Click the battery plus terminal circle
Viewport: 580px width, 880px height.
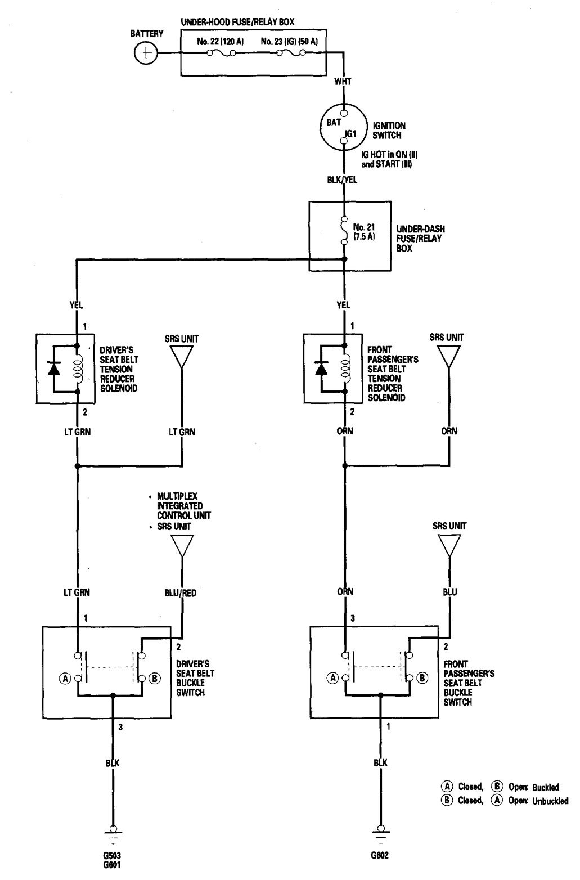146,53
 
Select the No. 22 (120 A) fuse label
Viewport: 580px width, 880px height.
221,41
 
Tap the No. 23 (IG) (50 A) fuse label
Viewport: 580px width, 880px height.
290,41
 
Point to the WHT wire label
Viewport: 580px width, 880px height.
343,82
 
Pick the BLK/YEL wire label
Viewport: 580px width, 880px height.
343,180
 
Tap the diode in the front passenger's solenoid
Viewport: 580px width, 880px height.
321,368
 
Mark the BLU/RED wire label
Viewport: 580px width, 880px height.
181,592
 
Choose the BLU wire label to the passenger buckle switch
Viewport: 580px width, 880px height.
449,592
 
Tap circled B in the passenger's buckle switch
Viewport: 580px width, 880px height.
422,678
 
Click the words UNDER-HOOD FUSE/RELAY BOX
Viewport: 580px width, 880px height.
238,22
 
